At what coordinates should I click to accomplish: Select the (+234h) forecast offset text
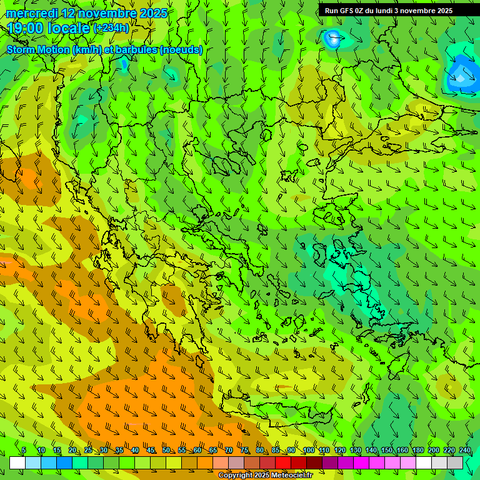point(111,28)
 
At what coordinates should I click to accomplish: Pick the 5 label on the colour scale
point(24,451)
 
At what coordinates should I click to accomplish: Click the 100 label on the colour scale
point(309,451)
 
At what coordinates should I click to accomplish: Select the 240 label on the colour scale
point(465,451)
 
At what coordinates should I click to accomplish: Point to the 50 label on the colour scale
point(166,451)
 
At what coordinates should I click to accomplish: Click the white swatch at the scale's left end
point(17,462)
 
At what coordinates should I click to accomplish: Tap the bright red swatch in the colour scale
point(283,462)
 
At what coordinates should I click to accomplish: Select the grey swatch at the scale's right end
point(455,462)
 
